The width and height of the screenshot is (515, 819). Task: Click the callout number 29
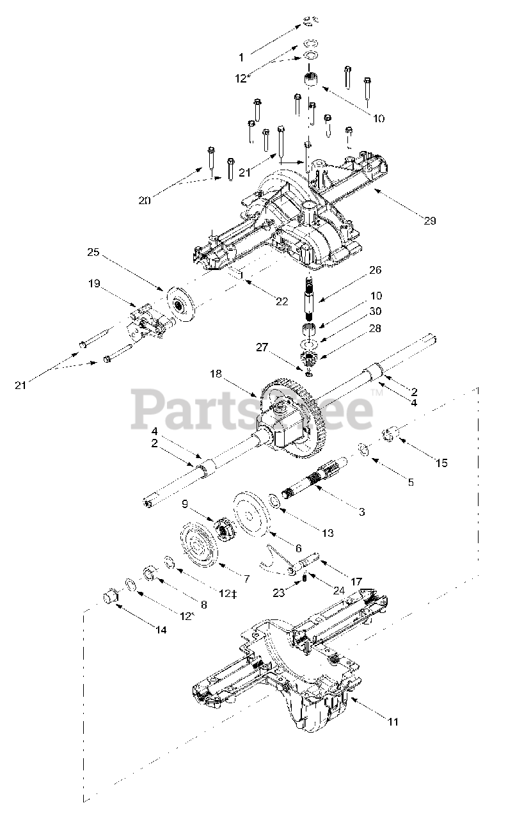[x=429, y=221]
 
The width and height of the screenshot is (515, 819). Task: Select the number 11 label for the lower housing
[x=393, y=722]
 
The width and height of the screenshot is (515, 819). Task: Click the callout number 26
[x=375, y=271]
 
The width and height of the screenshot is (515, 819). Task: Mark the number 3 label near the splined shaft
[x=379, y=511]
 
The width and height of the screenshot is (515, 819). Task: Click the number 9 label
[x=185, y=504]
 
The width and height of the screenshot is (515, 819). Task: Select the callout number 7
[x=246, y=578]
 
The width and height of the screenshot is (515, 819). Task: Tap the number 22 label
[x=282, y=301]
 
